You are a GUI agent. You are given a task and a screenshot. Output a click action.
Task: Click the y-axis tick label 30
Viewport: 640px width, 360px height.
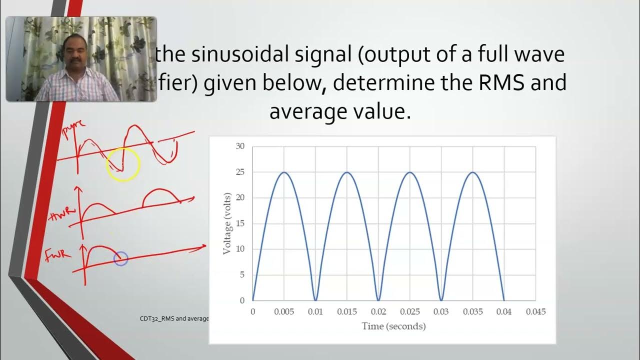[x=240, y=146]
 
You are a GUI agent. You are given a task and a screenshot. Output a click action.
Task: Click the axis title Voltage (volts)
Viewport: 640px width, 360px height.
[x=227, y=222]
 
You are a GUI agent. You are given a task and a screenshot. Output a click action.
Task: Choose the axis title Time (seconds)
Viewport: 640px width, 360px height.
[x=393, y=326]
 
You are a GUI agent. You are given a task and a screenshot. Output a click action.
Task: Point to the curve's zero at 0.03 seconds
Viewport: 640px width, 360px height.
[x=441, y=300]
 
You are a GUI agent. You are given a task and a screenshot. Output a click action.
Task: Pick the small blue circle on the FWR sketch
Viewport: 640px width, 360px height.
[x=121, y=258]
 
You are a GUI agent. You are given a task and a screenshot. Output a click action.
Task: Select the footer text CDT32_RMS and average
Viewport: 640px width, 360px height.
[x=174, y=318]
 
